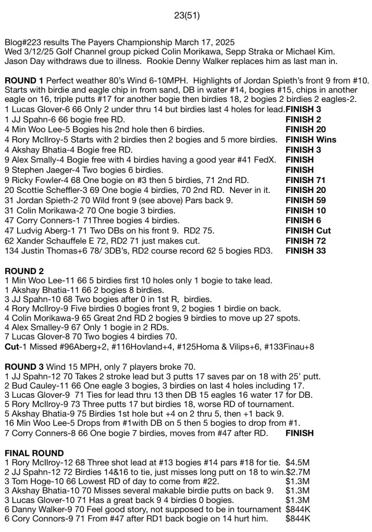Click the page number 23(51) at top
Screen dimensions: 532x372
click(187, 16)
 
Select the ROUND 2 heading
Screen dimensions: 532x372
click(24, 271)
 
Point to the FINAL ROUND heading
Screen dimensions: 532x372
click(34, 452)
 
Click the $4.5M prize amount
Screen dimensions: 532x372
click(298, 462)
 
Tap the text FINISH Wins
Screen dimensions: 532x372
click(311, 139)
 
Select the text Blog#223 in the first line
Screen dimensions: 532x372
click(22, 41)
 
